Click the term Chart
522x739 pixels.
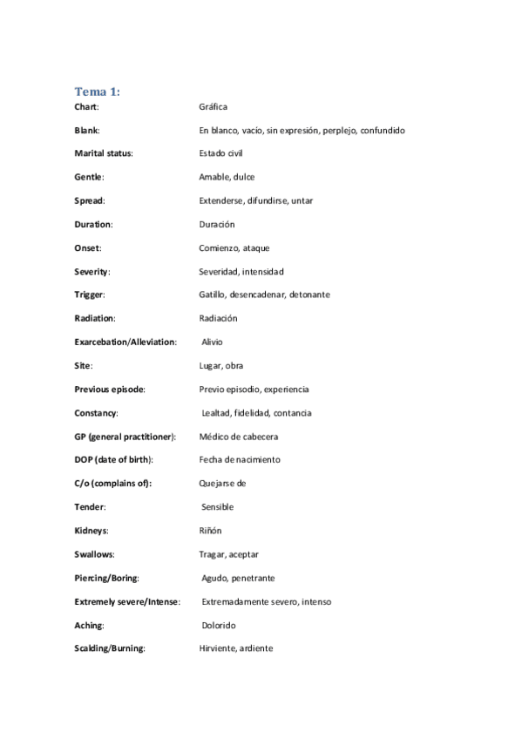point(86,106)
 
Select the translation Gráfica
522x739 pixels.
point(213,106)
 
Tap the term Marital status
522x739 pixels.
point(104,153)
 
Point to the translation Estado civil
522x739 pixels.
point(220,153)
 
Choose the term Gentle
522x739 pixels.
point(89,177)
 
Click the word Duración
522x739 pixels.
point(217,224)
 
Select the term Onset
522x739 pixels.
point(88,247)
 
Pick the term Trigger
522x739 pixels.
point(91,295)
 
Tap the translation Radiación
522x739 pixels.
point(218,318)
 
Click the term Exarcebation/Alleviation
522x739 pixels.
point(125,342)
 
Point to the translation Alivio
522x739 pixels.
point(212,342)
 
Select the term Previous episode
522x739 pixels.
point(110,390)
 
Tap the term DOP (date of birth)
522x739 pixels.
point(113,459)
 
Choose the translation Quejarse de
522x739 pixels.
point(222,483)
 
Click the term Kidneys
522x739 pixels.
point(92,530)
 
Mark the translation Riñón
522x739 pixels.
point(212,530)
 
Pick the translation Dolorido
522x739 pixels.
point(219,625)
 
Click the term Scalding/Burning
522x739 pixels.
point(110,648)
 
